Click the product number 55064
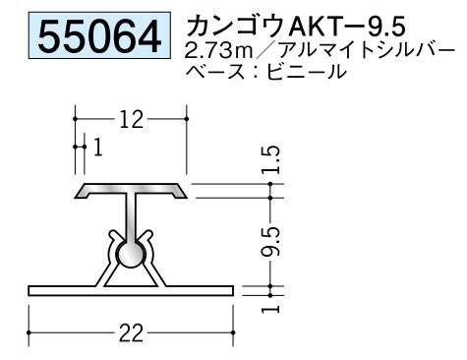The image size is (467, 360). (99, 36)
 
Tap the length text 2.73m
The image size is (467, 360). (218, 51)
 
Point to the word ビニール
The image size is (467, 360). (307, 71)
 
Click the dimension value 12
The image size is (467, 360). (131, 120)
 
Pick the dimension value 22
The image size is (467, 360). (131, 333)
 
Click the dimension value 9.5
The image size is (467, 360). (271, 241)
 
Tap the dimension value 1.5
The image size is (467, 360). (271, 159)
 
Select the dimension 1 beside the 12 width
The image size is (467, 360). (98, 147)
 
